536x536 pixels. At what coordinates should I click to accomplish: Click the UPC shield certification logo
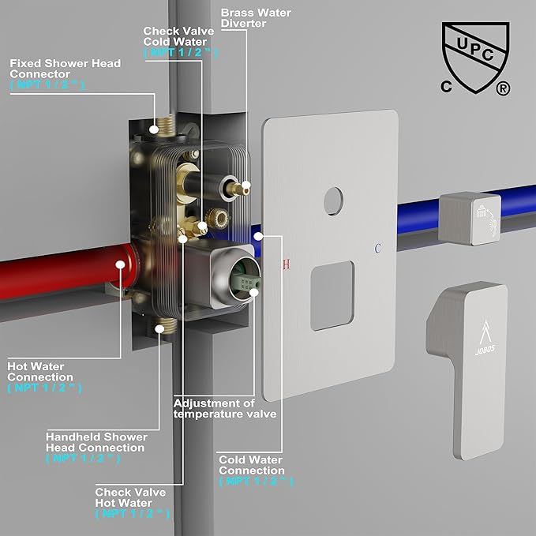click(x=475, y=58)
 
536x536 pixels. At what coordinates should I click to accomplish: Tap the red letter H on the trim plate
click(x=287, y=264)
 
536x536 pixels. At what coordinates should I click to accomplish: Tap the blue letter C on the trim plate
click(x=377, y=249)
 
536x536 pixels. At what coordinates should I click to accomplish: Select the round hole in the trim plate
click(x=333, y=201)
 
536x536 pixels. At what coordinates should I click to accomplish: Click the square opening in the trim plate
click(x=332, y=296)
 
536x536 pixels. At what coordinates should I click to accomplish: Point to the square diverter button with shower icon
click(x=470, y=218)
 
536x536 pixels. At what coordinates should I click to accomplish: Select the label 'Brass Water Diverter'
click(x=256, y=18)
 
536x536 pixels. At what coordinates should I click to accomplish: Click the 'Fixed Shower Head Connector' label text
click(x=65, y=69)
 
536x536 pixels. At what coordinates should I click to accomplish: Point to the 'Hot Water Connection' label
click(x=40, y=372)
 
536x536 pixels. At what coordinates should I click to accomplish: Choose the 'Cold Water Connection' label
click(x=252, y=465)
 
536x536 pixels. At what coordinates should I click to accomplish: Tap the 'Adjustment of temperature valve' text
click(x=225, y=408)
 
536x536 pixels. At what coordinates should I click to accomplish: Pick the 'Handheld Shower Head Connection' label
click(x=97, y=442)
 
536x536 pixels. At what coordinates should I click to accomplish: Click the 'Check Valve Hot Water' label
click(x=130, y=497)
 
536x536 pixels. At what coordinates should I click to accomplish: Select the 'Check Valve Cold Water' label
click(x=178, y=36)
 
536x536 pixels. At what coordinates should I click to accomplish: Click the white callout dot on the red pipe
click(x=120, y=264)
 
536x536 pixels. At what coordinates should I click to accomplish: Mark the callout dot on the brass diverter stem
click(x=246, y=185)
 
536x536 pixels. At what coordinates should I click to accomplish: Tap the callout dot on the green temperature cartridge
click(x=254, y=292)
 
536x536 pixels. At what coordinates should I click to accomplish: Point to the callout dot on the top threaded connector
click(x=154, y=129)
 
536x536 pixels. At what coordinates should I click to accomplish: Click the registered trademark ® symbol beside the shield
click(x=503, y=88)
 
